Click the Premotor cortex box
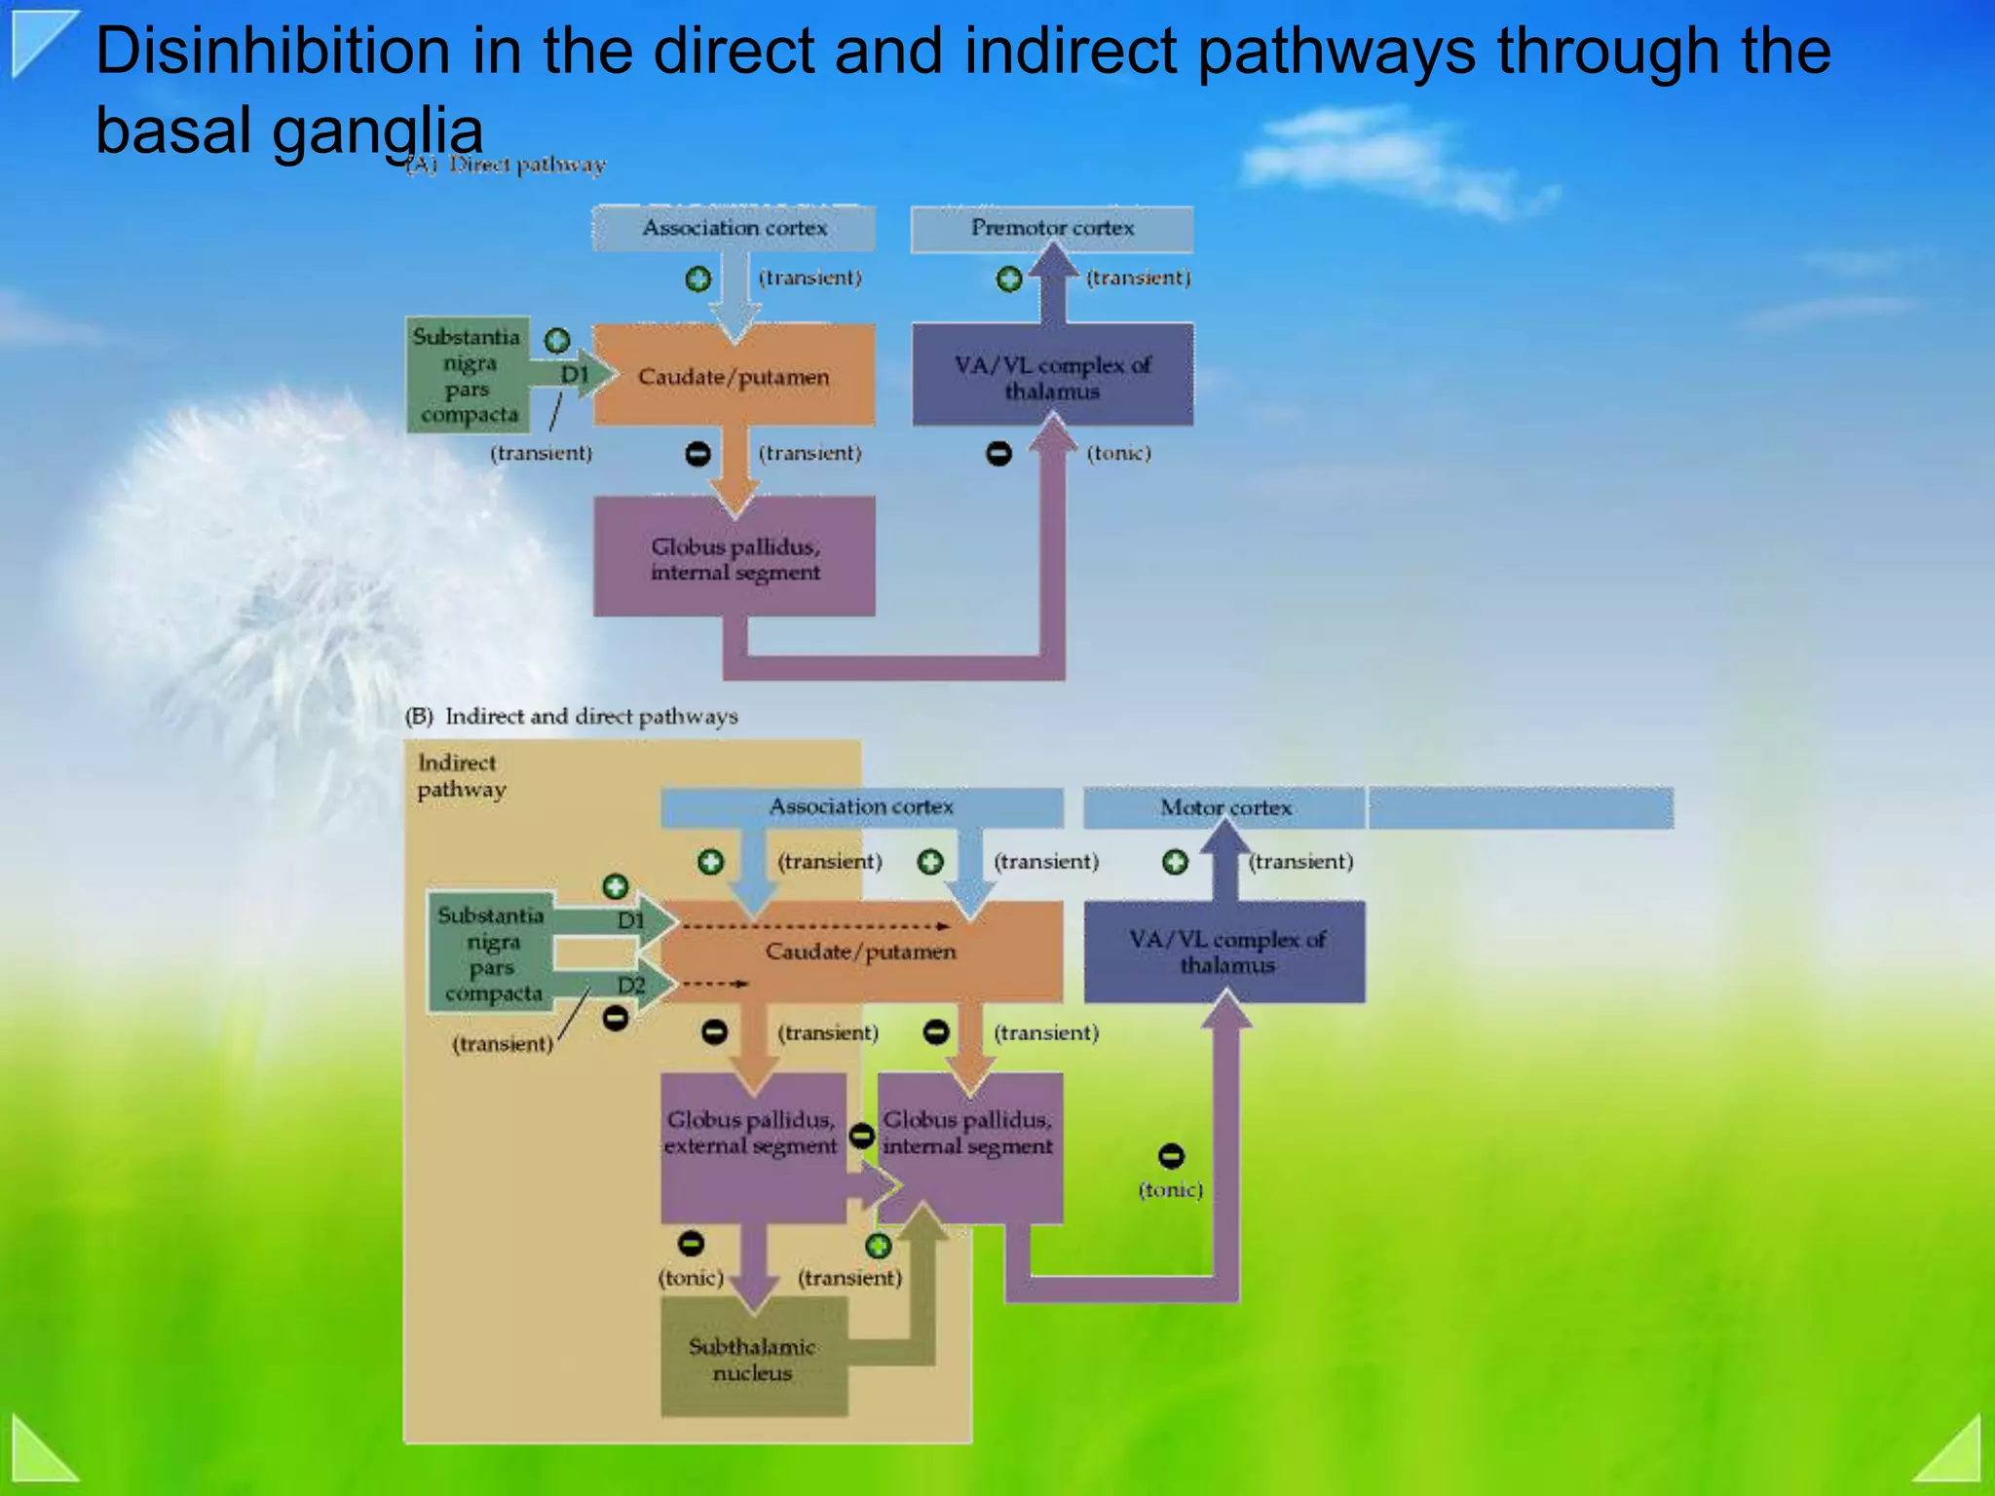pos(1052,229)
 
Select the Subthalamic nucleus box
pos(753,1360)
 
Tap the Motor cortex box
pos(1225,807)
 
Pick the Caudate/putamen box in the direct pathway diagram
pos(734,377)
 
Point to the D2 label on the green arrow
pos(631,986)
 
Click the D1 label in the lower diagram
pos(631,920)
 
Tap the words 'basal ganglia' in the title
pos(289,130)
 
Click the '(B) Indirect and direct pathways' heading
pos(572,717)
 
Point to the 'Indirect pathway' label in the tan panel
pos(461,776)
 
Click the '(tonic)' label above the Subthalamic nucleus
pos(691,1278)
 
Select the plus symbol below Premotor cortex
pos(1009,280)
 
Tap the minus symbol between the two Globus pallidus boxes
pos(861,1136)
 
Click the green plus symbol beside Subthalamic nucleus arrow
pos(879,1247)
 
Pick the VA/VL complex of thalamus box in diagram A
pos(1052,377)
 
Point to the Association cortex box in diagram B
pos(861,807)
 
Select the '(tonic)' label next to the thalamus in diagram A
pos(1119,454)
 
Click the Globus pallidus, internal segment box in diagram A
pos(734,558)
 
